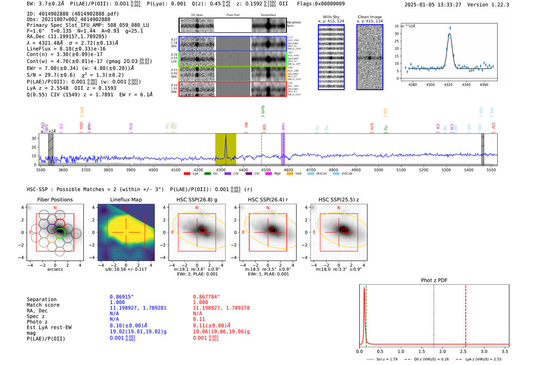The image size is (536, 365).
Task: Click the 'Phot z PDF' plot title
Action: [x=434, y=280]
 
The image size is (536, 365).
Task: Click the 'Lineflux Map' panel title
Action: [x=126, y=200]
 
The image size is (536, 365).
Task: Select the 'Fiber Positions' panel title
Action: [x=55, y=200]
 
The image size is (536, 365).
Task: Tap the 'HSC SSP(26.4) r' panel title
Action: [x=268, y=200]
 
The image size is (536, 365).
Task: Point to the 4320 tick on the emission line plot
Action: [x=448, y=85]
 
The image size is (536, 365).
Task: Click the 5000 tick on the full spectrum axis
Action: [x=378, y=170]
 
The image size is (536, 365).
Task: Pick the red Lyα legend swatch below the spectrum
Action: [x=187, y=174]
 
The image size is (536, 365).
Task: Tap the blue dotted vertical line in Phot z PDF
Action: [x=434, y=314]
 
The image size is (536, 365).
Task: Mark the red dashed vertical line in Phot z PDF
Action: [x=466, y=314]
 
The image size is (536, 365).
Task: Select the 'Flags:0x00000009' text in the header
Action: [x=321, y=4]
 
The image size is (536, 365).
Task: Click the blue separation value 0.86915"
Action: [x=122, y=297]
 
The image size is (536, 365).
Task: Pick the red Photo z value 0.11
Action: [x=199, y=319]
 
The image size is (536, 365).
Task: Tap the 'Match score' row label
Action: [x=43, y=305]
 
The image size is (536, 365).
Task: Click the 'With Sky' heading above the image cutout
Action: [x=331, y=17]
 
